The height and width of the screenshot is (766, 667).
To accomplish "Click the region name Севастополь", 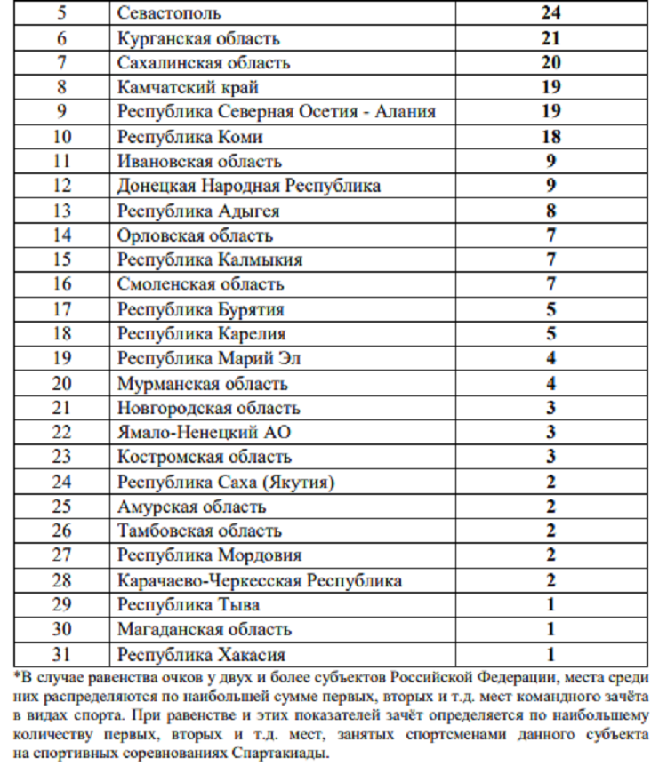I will click(169, 13).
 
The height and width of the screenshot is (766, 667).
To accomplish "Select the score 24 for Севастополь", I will click(550, 13).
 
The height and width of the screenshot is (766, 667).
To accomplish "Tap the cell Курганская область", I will click(198, 38).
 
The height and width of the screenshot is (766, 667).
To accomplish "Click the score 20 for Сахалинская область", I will click(550, 63).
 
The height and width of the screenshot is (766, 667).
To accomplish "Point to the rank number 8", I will click(60, 87).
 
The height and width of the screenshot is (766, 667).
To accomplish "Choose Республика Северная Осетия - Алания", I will click(276, 112).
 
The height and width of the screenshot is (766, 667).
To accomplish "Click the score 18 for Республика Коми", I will click(550, 137).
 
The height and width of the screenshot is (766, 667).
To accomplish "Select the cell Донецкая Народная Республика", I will click(249, 187).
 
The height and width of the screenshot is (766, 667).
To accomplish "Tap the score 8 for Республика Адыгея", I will click(550, 211).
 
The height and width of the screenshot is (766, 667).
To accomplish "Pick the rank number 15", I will click(60, 260).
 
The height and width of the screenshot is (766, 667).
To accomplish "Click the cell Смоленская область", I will click(200, 284).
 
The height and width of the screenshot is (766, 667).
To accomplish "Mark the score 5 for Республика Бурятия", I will click(550, 309).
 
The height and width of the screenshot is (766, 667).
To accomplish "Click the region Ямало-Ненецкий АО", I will click(204, 433).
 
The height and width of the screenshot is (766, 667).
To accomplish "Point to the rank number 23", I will click(60, 457).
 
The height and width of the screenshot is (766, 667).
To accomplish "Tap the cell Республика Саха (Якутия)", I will click(226, 482).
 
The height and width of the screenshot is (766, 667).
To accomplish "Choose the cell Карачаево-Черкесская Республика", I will click(259, 580).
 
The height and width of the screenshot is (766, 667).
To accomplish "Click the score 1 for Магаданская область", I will click(550, 630).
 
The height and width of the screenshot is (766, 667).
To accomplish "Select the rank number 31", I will click(60, 655).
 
